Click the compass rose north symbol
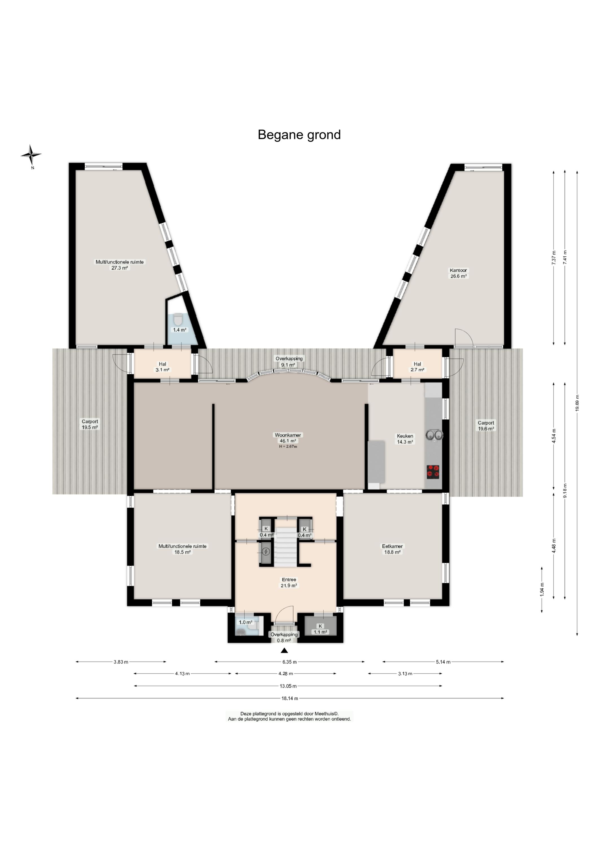point(31,155)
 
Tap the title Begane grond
point(299,135)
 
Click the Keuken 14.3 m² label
point(405,439)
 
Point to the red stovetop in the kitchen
point(433,472)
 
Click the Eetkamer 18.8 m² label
point(392,549)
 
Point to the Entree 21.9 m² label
point(289,582)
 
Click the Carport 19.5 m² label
point(90,424)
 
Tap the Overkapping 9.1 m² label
point(289,362)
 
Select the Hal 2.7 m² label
point(417,366)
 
